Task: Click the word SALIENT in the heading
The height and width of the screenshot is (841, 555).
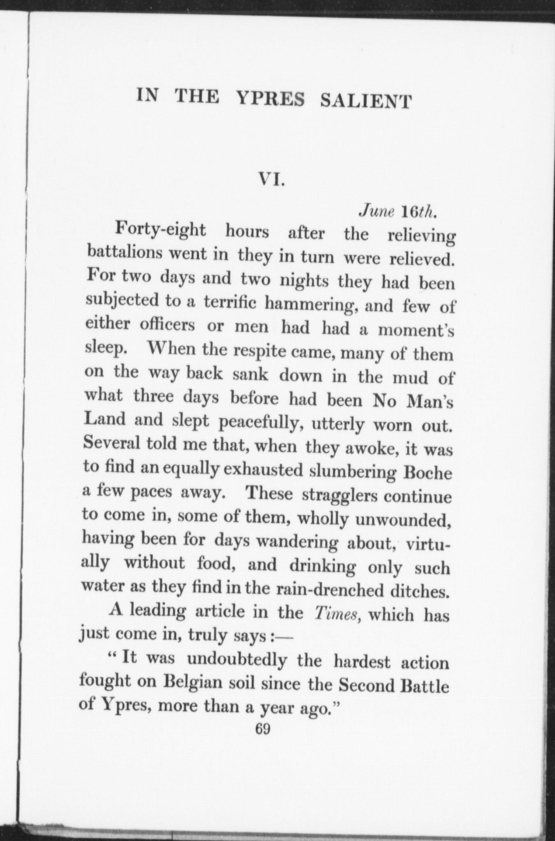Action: click(365, 101)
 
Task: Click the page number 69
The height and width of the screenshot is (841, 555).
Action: click(262, 729)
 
